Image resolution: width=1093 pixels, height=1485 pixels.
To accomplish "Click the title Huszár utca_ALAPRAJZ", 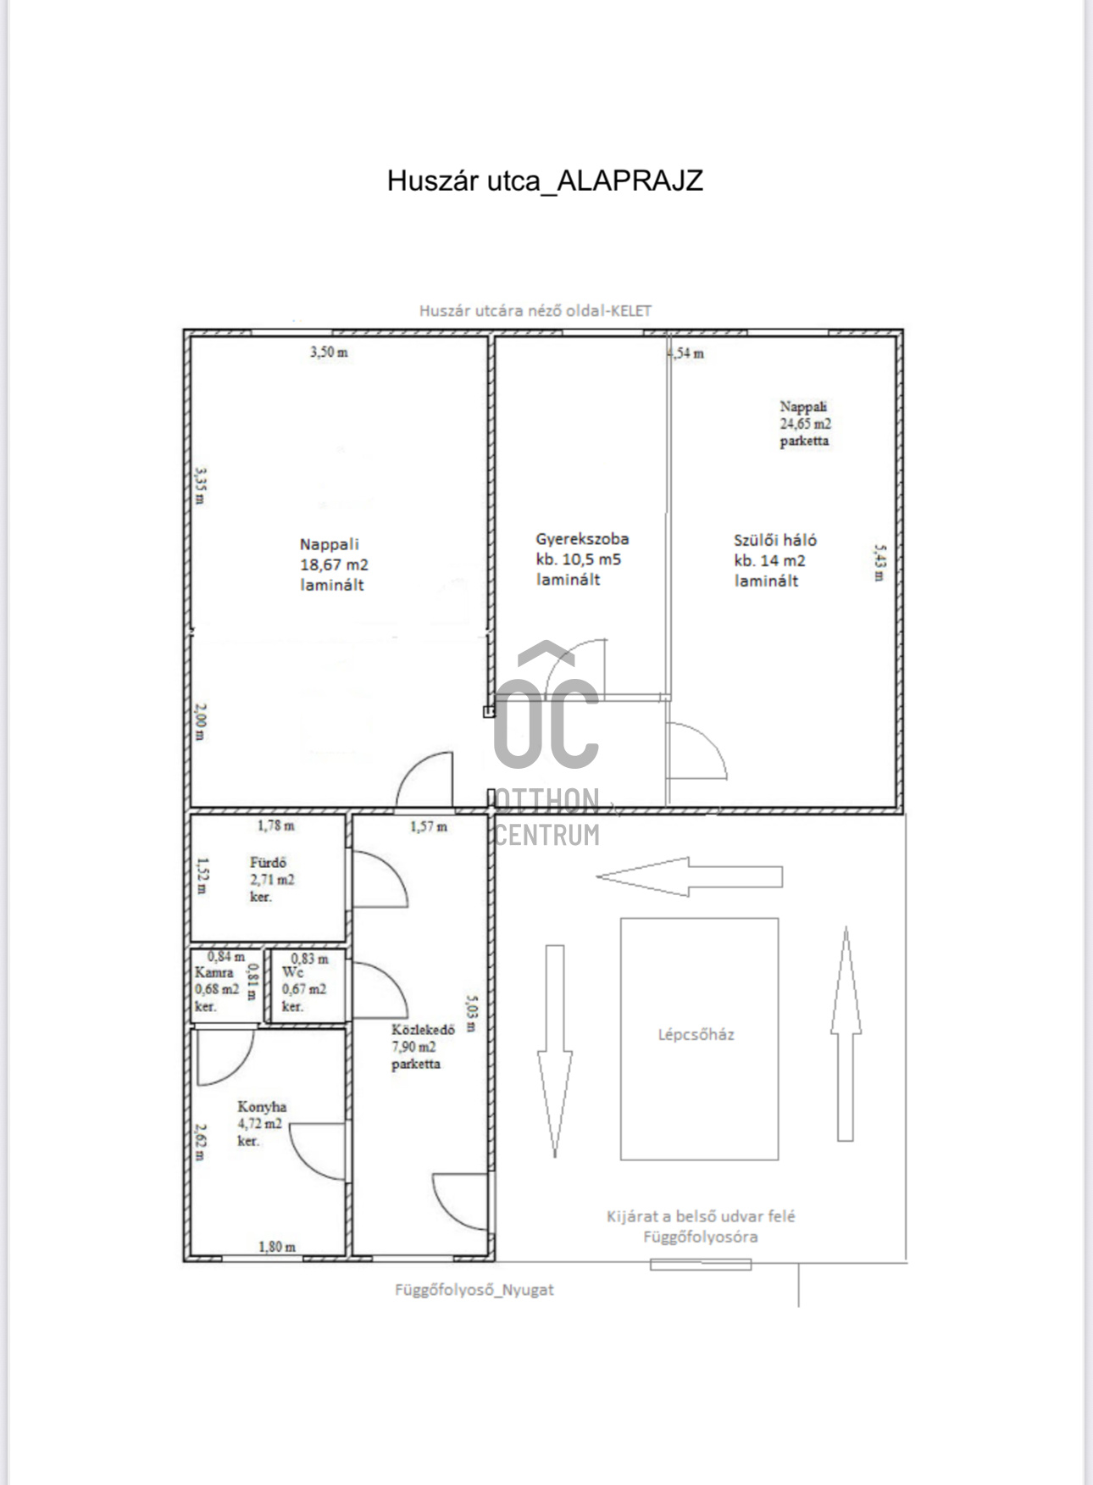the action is pos(545,181).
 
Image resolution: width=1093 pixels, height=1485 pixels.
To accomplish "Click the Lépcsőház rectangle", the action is pos(699,1038).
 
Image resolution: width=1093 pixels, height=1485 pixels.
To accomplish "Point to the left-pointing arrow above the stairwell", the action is pos(690,876).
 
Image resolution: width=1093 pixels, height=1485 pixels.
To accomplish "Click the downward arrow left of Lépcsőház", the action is pos(555,1051).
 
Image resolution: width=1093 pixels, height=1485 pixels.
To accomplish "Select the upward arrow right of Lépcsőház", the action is pos(846,1033).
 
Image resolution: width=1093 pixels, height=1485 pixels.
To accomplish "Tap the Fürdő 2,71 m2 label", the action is pos(272,880).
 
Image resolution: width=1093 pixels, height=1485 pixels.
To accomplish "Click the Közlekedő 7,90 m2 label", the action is pos(423,1047).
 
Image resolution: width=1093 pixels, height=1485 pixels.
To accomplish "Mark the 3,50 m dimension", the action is pos(329,352).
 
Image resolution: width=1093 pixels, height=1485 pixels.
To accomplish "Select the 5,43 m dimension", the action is pos(879,563).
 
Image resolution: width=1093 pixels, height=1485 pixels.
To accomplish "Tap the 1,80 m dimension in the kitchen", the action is pos(277,1247).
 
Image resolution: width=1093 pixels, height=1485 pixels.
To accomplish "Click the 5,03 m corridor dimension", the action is pos(471,1012).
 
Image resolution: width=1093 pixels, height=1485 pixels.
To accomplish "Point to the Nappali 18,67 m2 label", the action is pos(334,565).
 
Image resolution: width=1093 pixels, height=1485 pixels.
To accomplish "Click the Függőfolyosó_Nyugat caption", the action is pos(474,1290).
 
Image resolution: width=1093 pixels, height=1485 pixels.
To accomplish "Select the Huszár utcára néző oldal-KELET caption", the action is pos(535,311).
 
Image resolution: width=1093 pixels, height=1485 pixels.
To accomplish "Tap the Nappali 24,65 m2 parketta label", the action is pos(805,424).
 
